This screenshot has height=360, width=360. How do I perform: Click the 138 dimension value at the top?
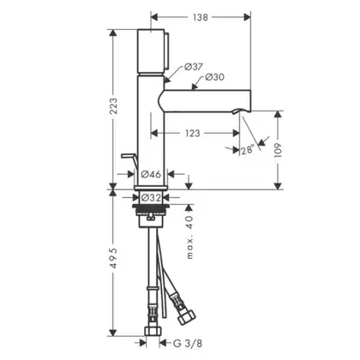point(201,17)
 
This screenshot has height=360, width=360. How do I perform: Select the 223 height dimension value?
point(113,106)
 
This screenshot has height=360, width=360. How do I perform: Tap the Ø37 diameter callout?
point(194,67)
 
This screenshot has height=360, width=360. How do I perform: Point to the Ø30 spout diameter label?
point(215,77)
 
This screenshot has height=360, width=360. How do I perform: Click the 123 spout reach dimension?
point(193,133)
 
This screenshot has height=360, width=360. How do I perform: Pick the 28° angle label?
point(248,150)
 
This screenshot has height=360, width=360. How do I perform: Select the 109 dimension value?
point(278,150)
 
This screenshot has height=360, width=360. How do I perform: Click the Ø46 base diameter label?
point(151,174)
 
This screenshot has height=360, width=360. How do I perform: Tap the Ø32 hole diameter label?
point(151,197)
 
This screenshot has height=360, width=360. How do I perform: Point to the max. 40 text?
point(189,237)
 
